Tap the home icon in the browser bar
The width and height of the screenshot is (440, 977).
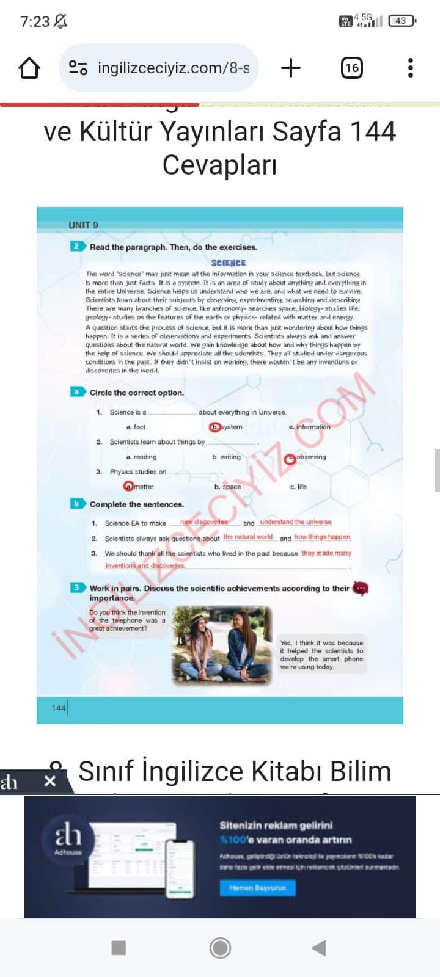[29, 68]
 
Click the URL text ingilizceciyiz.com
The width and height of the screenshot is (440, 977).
[174, 68]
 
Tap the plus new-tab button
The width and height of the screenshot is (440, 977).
[291, 68]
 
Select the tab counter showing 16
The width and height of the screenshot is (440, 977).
[351, 68]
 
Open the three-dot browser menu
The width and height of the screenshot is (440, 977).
[411, 68]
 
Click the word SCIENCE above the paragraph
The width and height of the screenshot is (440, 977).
[228, 263]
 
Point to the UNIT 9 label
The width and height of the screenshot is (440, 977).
[83, 225]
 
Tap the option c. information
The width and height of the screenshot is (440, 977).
[309, 427]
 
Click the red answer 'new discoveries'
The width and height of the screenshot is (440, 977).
[204, 522]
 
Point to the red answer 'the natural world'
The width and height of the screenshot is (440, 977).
[248, 537]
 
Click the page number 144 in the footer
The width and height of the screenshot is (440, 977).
[59, 708]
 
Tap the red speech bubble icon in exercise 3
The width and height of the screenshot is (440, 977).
[361, 588]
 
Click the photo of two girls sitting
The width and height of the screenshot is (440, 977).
[222, 644]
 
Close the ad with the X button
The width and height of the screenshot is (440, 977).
[50, 781]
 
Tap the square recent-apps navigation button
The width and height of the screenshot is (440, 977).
[119, 948]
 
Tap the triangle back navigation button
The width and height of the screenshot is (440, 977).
[319, 948]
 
